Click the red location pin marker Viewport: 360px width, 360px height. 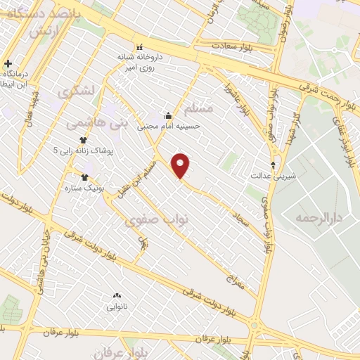(x=181, y=165)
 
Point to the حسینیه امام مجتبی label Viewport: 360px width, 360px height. (x=178, y=126)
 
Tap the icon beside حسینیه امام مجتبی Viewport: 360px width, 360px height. (x=167, y=116)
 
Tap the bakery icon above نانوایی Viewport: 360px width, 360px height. (x=117, y=295)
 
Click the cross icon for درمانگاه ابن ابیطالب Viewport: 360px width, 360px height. (x=7, y=64)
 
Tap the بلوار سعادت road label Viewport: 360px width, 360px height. (x=235, y=46)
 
